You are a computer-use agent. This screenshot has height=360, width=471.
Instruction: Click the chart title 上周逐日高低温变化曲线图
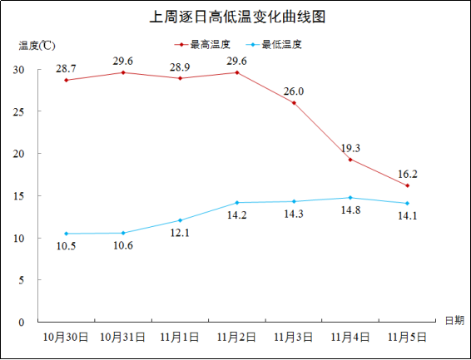(237, 17)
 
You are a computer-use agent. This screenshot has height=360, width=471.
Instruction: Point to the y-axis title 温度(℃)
(37, 46)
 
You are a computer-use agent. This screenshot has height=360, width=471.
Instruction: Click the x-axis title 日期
(454, 320)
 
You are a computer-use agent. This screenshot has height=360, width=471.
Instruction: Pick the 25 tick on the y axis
(18, 112)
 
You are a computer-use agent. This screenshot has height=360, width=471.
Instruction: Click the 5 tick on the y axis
(21, 280)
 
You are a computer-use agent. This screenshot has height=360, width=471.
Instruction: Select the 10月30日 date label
(66, 338)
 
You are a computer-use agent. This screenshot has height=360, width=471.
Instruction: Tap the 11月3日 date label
(293, 338)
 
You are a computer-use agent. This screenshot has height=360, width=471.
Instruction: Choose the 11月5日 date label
(407, 338)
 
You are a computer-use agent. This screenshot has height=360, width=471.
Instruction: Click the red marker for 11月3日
(294, 103)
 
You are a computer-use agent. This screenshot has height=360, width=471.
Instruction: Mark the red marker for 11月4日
(350, 160)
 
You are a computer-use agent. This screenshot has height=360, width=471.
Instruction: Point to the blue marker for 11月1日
(181, 220)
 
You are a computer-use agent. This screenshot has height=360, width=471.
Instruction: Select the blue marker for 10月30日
(67, 234)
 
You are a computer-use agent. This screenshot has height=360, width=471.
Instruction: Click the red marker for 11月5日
(407, 185)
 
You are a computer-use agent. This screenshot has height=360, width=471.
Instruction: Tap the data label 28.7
(66, 69)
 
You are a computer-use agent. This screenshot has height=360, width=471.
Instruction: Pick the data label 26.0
(294, 91)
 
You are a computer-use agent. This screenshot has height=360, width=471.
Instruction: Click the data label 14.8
(350, 210)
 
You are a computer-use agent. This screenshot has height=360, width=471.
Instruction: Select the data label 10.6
(123, 246)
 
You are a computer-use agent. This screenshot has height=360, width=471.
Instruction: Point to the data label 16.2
(408, 174)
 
